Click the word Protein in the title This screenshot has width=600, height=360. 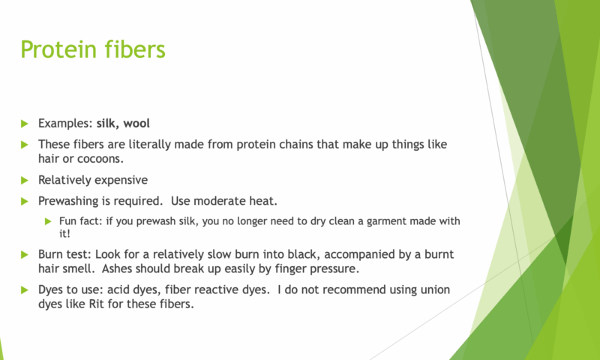(x=53, y=49)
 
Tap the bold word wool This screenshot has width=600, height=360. (x=136, y=123)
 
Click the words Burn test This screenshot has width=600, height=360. (x=65, y=254)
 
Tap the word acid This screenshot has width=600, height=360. (x=118, y=289)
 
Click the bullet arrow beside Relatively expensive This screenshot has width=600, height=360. (x=25, y=180)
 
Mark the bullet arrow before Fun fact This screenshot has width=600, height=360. (x=48, y=221)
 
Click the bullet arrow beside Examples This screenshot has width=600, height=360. (x=25, y=124)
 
